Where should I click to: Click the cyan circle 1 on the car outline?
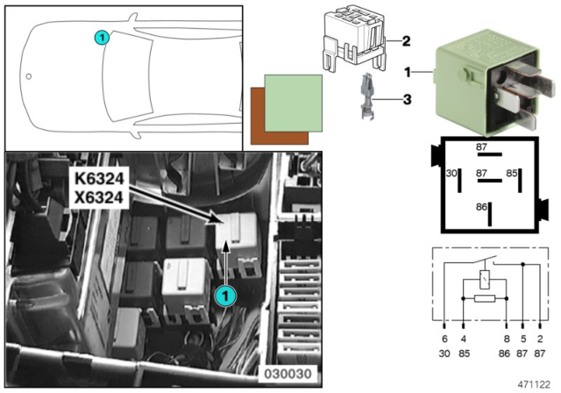point(102,38)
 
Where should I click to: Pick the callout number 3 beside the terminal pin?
point(407,100)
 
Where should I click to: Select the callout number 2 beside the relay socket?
point(407,40)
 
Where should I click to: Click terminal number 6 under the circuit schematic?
point(444,337)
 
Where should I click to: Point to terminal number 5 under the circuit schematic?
point(524,337)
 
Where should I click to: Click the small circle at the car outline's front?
point(29,76)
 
